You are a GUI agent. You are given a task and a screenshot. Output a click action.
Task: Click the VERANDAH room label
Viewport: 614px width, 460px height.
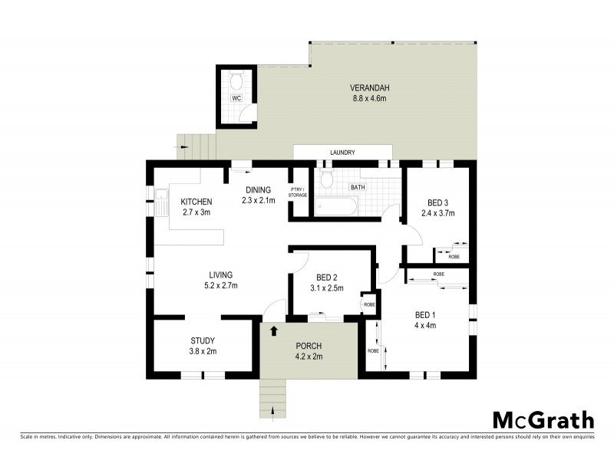(x=368, y=87)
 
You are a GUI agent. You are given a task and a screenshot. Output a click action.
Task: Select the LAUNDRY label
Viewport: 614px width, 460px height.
(x=342, y=153)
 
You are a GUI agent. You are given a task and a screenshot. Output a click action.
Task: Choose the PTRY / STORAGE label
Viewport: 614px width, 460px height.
(x=298, y=192)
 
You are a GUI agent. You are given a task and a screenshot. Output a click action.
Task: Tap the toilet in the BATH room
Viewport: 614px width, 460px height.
(x=328, y=180)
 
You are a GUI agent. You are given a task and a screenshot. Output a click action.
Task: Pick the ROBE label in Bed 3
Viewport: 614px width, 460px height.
(x=454, y=257)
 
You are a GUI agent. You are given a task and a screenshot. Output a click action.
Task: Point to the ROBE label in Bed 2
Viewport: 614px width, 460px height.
(x=369, y=304)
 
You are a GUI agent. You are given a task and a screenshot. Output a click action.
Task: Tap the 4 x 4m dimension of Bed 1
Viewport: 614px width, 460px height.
(x=425, y=325)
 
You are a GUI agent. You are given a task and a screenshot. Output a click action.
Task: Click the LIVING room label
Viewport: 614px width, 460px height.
(x=221, y=275)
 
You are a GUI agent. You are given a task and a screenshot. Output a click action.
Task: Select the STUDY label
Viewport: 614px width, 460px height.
(x=203, y=341)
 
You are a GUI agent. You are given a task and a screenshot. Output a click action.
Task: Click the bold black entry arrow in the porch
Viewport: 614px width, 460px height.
(x=274, y=332)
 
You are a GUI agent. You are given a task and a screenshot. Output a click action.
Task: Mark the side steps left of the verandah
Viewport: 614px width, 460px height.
(x=196, y=147)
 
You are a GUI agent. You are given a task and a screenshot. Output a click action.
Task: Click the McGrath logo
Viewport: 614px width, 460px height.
(x=543, y=419)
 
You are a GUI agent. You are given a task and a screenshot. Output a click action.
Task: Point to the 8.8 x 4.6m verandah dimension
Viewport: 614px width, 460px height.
(x=368, y=97)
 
